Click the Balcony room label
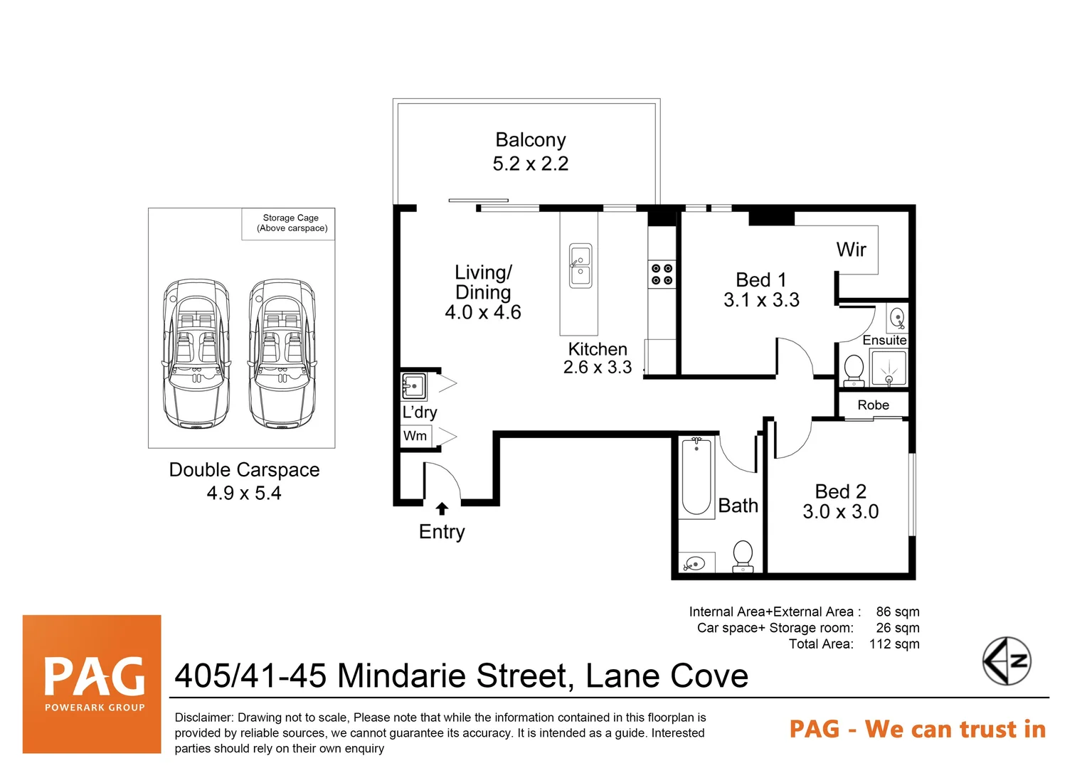coord(531,140)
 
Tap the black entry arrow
coord(442,508)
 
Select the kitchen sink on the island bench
coord(580,266)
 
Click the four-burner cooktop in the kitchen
coord(662,274)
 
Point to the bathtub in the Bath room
coord(696,475)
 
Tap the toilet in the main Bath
coord(743,555)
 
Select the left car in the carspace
coord(196,354)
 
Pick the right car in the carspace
coord(282,354)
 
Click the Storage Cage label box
coord(292,223)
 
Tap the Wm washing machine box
coord(415,436)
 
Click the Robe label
coord(874,405)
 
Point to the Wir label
coord(852,250)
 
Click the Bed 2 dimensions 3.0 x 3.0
coord(841,512)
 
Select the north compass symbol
coord(1007,661)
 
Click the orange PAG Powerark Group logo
coord(92,683)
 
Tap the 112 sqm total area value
coord(894,644)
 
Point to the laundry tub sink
coord(414,386)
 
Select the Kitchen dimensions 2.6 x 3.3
coord(598,368)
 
